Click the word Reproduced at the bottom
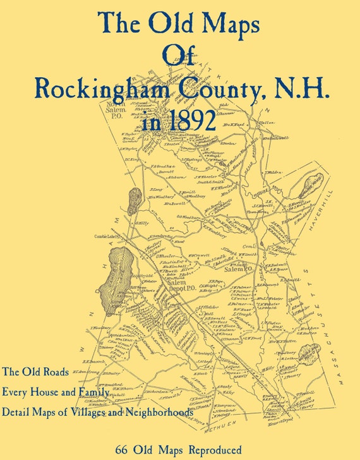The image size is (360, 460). [213, 450]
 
